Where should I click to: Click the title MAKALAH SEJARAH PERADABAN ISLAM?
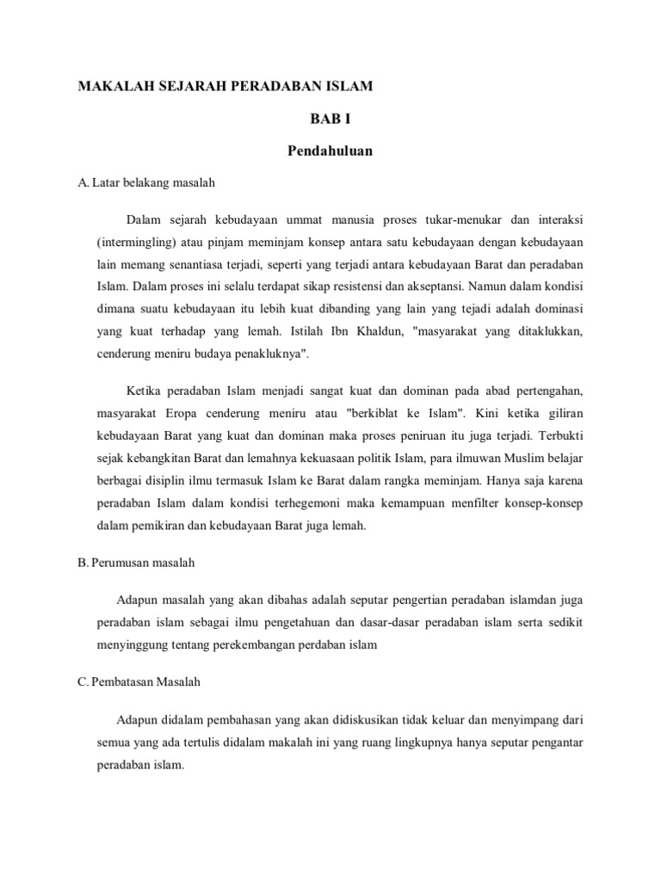(226, 87)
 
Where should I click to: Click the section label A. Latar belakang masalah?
(145, 182)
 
